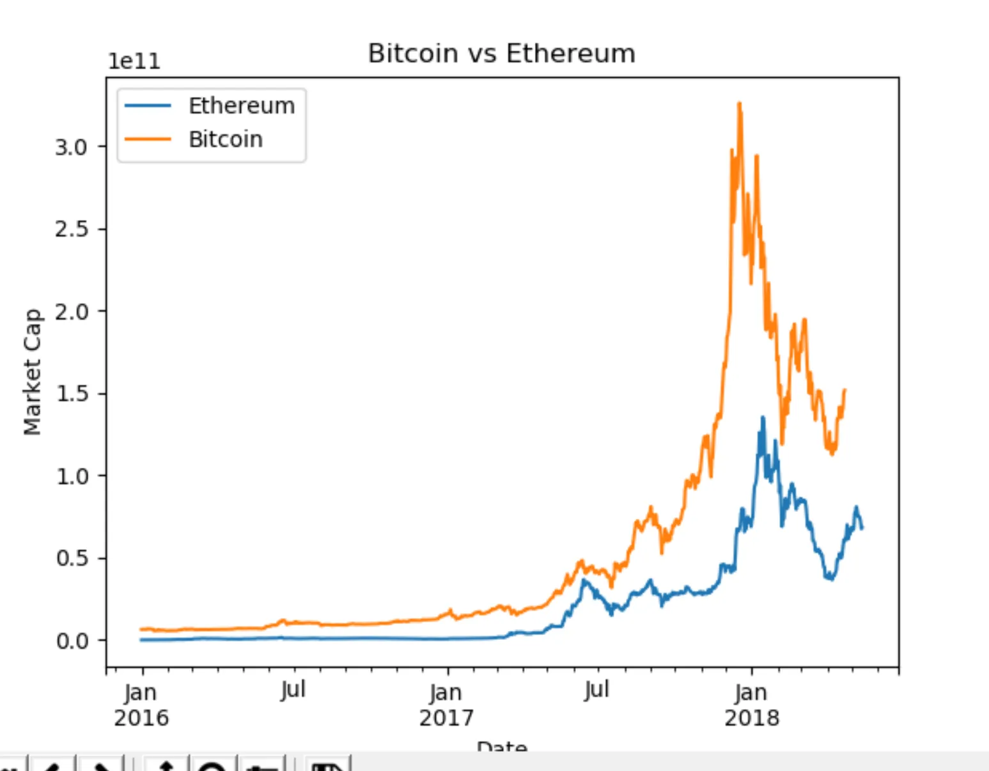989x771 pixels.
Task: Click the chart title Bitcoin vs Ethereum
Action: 501,54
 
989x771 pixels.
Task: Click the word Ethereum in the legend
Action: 242,106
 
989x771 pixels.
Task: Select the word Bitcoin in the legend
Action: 225,139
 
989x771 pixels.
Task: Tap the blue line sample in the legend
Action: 148,106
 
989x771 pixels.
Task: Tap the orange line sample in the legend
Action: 148,139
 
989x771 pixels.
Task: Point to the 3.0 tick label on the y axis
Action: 71,148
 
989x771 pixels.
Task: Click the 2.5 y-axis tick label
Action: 71,230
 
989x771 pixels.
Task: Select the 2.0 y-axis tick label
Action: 71,312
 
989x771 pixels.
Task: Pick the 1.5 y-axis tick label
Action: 71,394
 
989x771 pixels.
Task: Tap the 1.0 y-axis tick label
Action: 71,476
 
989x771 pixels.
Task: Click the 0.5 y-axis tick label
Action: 71,559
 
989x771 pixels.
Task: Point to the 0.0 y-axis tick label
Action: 71,641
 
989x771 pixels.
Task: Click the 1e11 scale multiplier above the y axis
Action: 134,61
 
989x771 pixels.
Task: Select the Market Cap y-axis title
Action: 32,372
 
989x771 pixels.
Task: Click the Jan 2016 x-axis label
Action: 141,705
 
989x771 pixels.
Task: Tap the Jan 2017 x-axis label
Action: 446,705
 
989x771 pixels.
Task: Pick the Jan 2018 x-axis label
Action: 752,705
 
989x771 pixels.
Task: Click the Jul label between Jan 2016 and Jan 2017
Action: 293,690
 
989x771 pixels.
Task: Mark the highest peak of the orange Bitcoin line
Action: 740,103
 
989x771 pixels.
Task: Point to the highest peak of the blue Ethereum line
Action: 763,417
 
